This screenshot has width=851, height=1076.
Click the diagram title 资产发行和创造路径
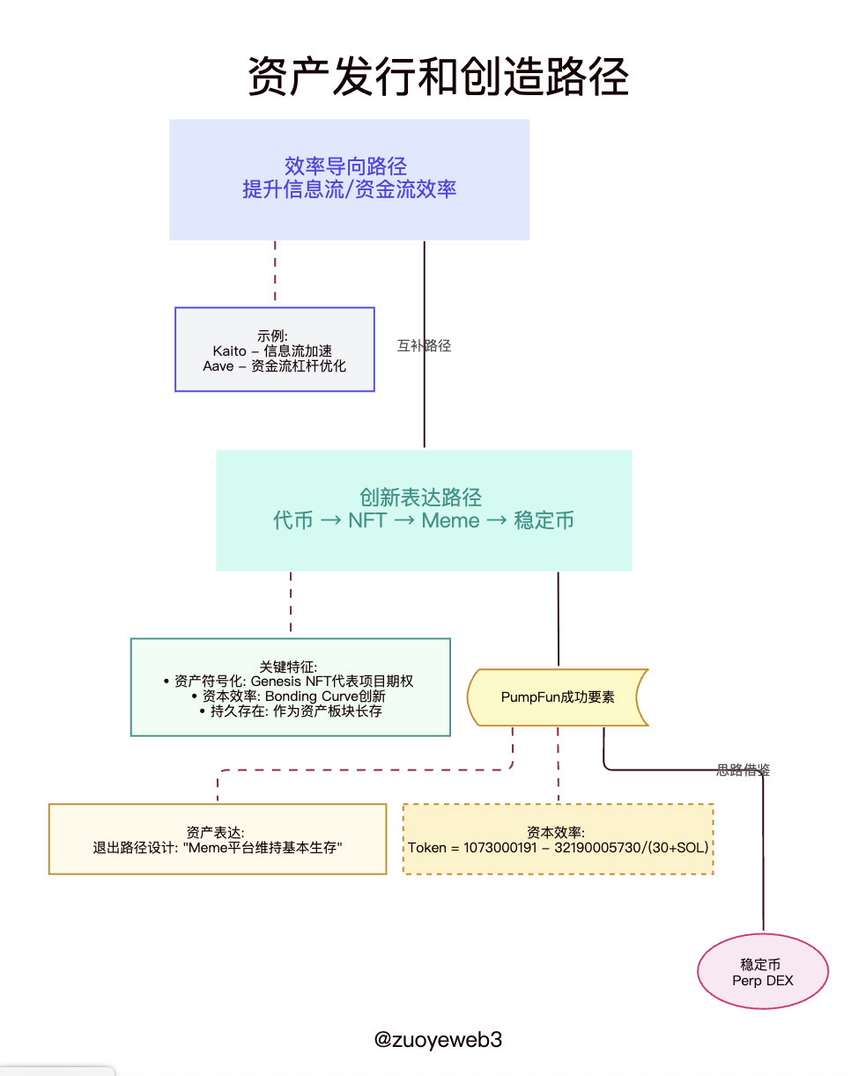(438, 77)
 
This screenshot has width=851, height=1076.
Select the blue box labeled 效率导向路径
(349, 179)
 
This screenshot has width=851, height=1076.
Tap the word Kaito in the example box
(229, 350)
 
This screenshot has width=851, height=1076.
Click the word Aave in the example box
(218, 365)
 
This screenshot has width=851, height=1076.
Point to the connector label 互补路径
(424, 346)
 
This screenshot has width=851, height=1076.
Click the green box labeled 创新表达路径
(424, 510)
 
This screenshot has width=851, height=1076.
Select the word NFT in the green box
(367, 520)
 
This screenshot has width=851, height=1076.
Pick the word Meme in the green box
(450, 520)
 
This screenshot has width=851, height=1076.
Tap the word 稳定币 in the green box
(544, 520)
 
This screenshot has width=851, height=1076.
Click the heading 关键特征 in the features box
(289, 667)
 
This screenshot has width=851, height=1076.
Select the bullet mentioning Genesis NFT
(289, 682)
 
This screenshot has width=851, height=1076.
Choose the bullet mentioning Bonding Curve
(289, 696)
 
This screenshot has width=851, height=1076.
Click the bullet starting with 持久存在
(291, 711)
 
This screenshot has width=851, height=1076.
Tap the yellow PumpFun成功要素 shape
(558, 697)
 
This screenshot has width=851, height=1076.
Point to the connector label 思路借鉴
(744, 770)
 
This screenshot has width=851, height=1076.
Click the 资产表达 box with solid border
(217, 838)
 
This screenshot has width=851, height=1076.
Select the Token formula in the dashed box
(558, 848)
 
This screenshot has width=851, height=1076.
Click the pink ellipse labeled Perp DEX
(763, 972)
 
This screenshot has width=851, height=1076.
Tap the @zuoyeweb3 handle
(438, 1039)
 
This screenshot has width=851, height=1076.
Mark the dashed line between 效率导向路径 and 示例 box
(275, 273)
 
